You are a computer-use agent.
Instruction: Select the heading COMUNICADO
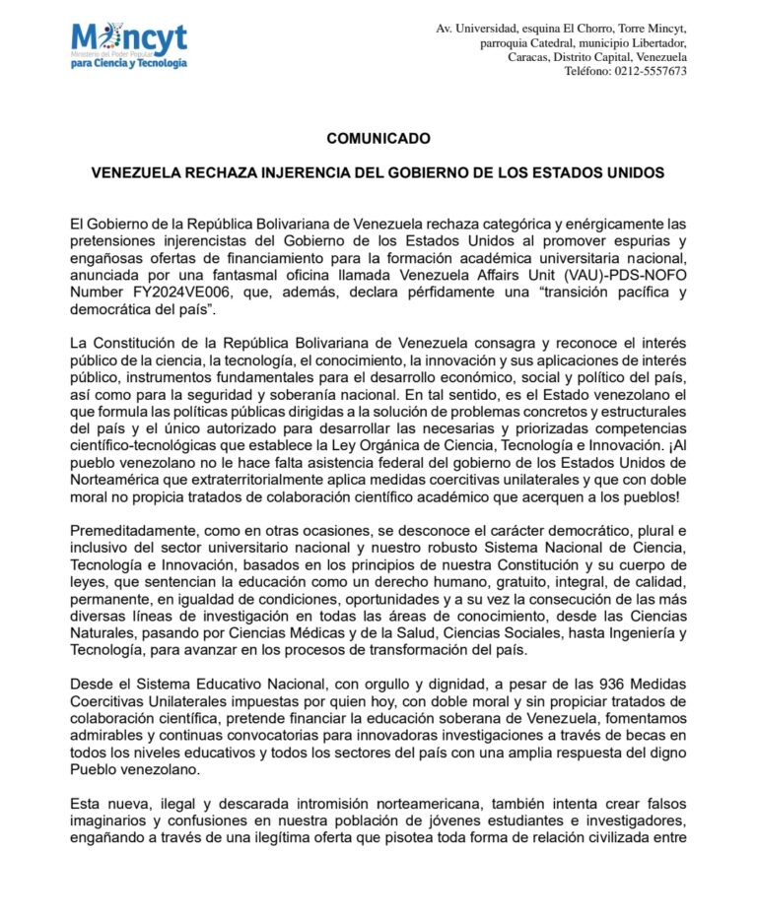pos(378,139)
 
